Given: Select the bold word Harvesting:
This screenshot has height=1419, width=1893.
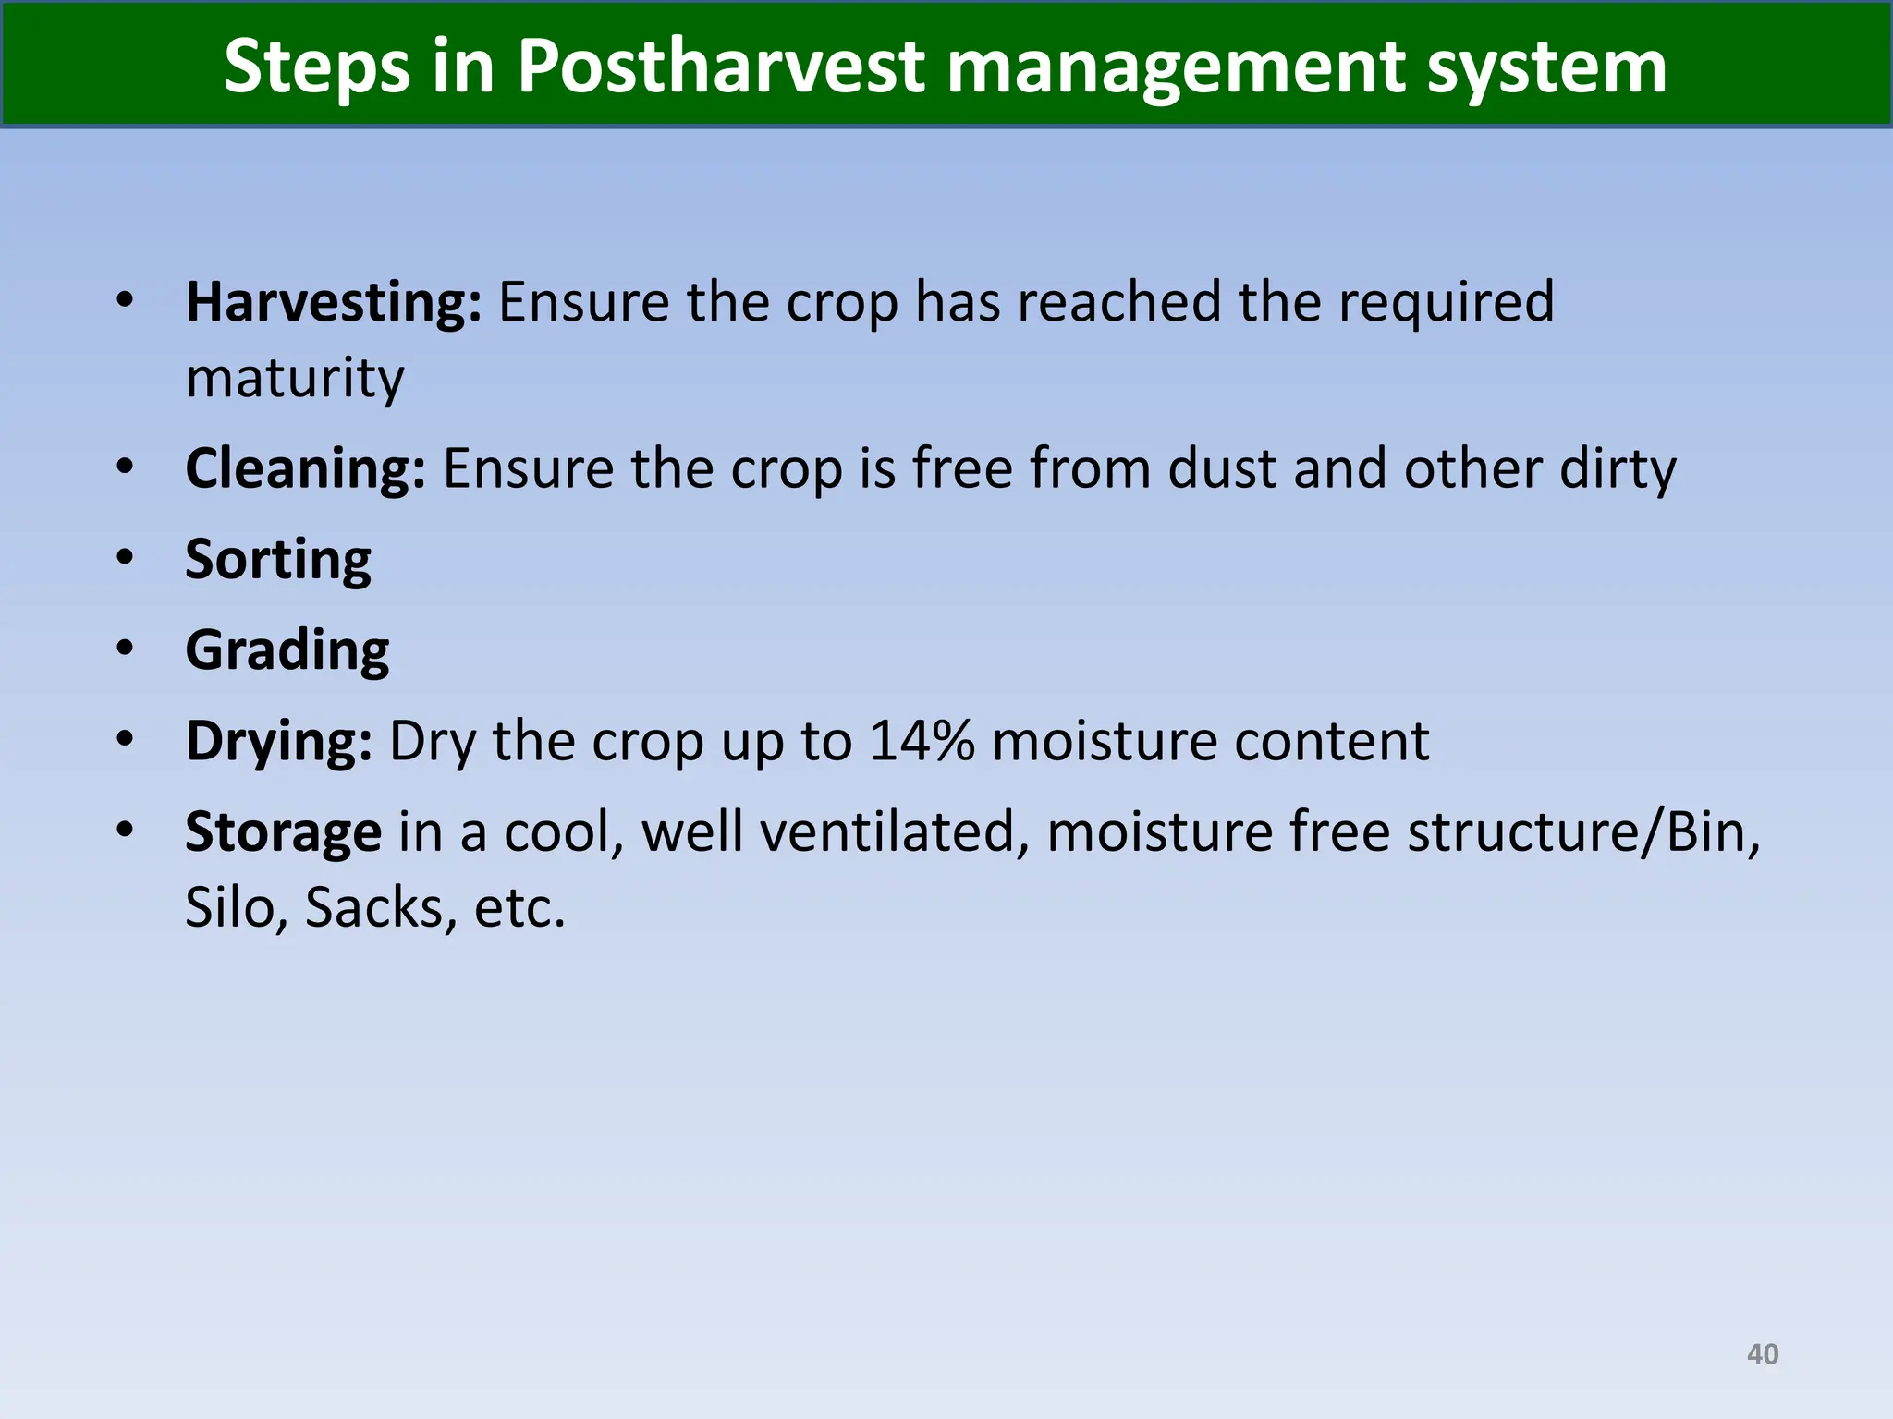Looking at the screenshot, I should pyautogui.click(x=334, y=302).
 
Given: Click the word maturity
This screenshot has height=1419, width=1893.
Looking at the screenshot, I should pyautogui.click(x=295, y=378).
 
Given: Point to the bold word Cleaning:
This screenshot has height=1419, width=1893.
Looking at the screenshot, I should pyautogui.click(x=306, y=468).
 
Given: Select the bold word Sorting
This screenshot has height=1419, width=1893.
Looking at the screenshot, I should pyautogui.click(x=278, y=560).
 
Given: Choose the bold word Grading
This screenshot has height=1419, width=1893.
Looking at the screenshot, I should pyautogui.click(x=287, y=650).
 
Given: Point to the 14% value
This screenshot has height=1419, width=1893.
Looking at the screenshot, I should pyautogui.click(x=922, y=741).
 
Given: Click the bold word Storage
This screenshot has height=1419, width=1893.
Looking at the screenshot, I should pyautogui.click(x=283, y=831).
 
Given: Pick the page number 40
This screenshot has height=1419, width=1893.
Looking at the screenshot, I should pyautogui.click(x=1762, y=1354).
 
